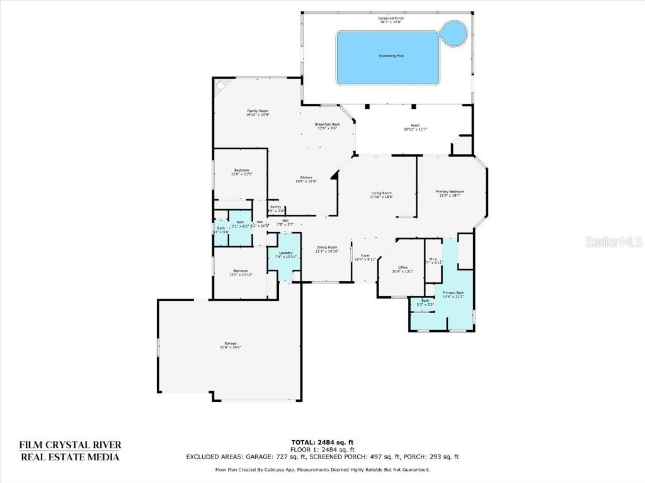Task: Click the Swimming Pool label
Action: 391,56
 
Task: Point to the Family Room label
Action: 257,111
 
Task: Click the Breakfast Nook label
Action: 327,125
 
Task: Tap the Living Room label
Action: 381,193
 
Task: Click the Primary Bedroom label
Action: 450,191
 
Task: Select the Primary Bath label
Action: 452,292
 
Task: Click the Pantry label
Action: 275,207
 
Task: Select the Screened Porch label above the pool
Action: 391,18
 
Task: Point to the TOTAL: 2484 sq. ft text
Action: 322,441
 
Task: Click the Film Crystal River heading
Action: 70,445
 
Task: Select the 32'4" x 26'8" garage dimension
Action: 230,347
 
